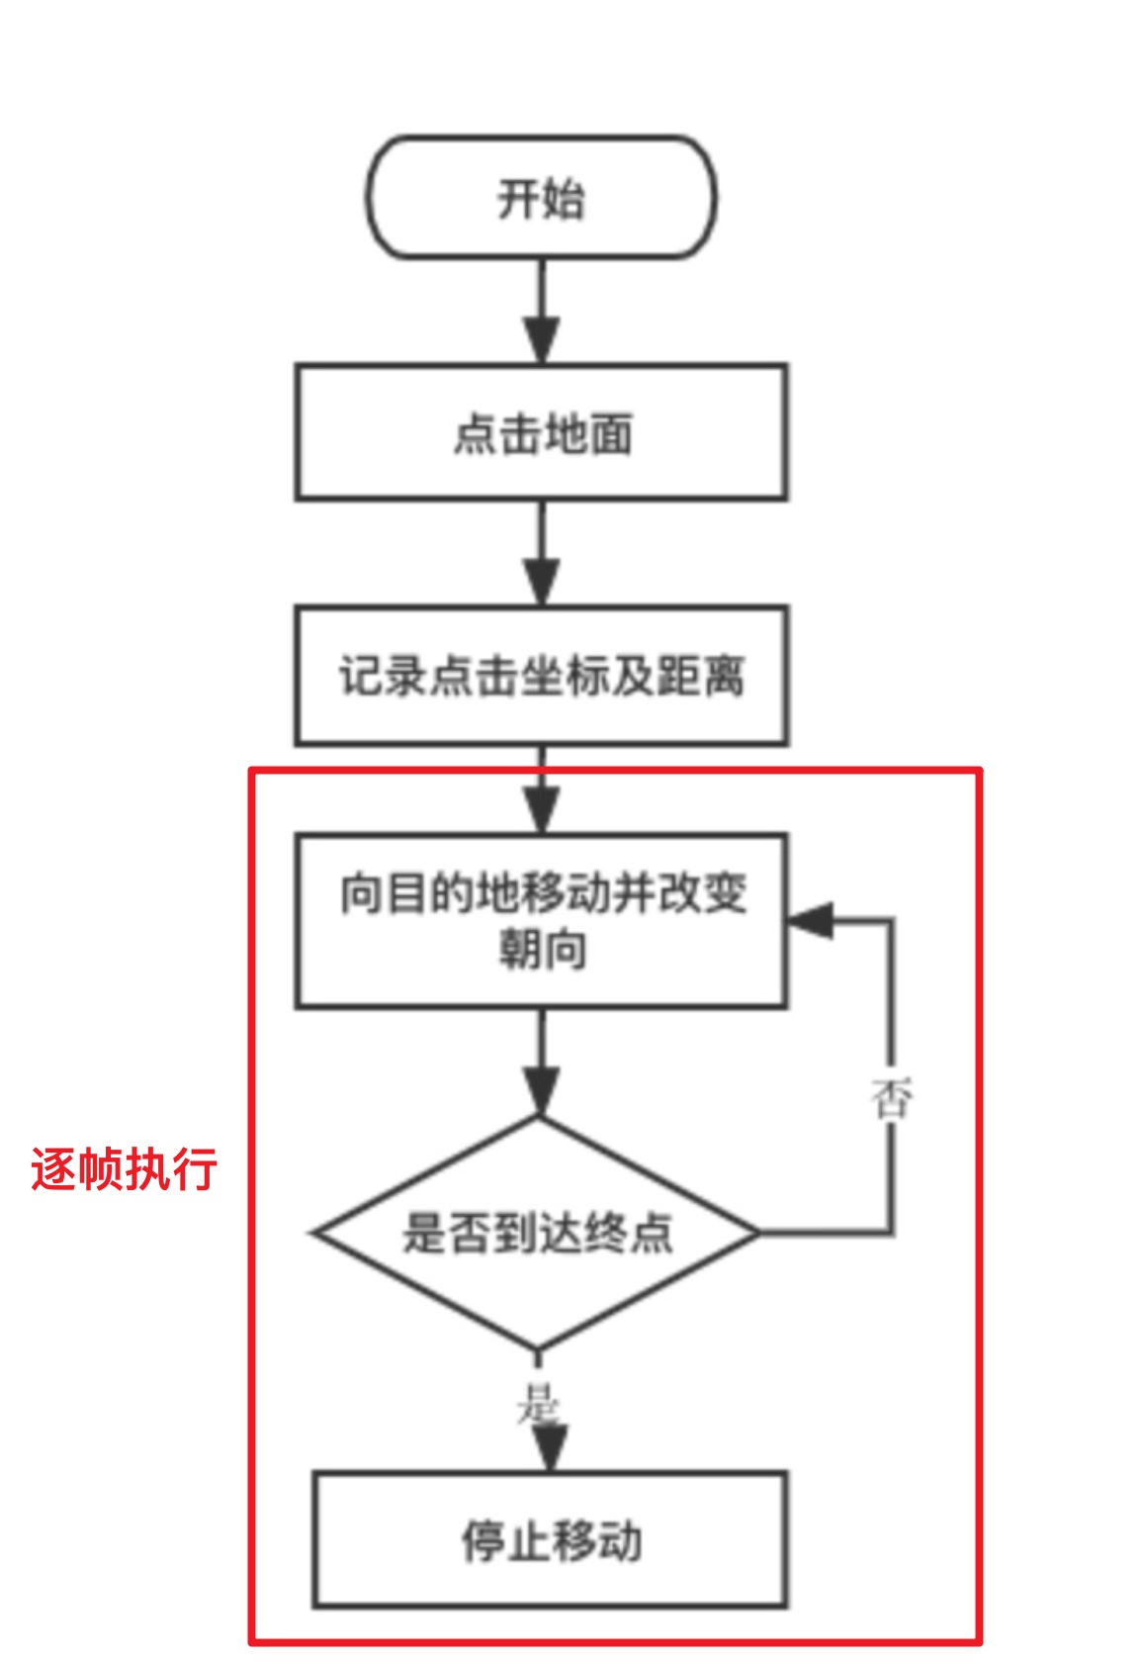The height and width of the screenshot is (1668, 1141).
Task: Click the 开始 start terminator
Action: pos(541,198)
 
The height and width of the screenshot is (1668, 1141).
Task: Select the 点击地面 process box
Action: pos(541,432)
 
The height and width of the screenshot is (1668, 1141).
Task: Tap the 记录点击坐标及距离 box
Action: pos(541,676)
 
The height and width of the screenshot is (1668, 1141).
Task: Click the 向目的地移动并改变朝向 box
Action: pos(541,920)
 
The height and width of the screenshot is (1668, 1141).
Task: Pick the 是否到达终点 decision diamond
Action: pos(537,1233)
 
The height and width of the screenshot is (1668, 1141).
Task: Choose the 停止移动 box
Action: pos(550,1539)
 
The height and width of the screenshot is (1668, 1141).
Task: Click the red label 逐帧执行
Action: pos(124,1168)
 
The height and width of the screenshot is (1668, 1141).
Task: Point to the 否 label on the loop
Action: pos(891,1098)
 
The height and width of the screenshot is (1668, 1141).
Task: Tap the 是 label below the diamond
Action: pos(537,1403)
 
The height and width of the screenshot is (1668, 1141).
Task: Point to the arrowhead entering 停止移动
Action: pos(550,1450)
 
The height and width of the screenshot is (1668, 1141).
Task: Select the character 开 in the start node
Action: pos(518,199)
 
